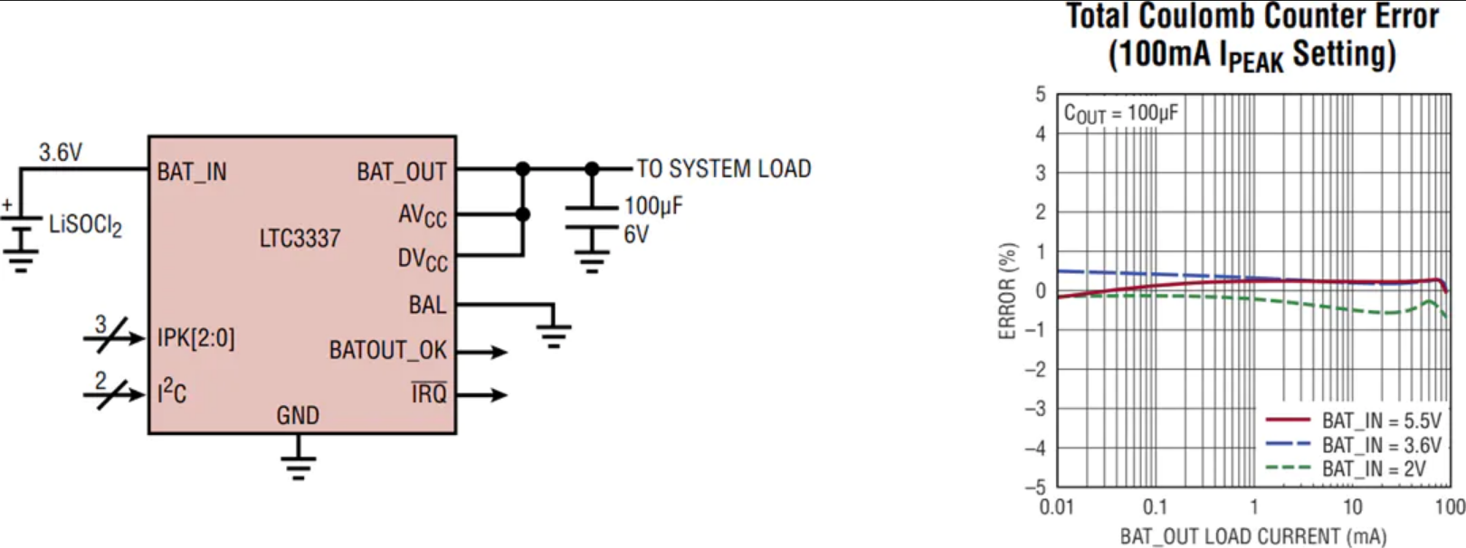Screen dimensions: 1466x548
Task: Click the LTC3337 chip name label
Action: pyautogui.click(x=300, y=238)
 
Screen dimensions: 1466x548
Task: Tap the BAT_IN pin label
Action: pyautogui.click(x=192, y=172)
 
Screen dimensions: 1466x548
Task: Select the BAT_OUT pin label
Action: pyautogui.click(x=401, y=172)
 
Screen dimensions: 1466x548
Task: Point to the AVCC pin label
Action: pyautogui.click(x=422, y=216)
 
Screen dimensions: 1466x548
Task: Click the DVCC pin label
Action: pyautogui.click(x=422, y=260)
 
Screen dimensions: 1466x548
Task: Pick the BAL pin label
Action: pyautogui.click(x=427, y=305)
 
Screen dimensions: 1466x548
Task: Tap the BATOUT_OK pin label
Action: pyautogui.click(x=387, y=351)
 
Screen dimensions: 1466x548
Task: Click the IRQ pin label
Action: pyautogui.click(x=429, y=393)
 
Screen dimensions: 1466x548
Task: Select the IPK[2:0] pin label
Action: pyautogui.click(x=195, y=339)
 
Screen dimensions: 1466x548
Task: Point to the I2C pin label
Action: pyautogui.click(x=171, y=392)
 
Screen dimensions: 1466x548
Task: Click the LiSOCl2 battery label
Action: pyautogui.click(x=86, y=226)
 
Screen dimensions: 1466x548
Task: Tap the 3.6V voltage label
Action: pyautogui.click(x=61, y=152)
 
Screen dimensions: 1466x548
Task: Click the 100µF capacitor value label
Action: pyautogui.click(x=653, y=207)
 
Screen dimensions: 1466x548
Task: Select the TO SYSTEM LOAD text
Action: pyautogui.click(x=724, y=169)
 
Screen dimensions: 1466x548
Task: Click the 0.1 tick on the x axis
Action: pyautogui.click(x=1155, y=506)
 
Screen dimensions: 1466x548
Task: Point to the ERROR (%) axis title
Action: pyautogui.click(x=1008, y=291)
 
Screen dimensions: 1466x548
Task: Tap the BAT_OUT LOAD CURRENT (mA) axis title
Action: pyautogui.click(x=1253, y=536)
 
